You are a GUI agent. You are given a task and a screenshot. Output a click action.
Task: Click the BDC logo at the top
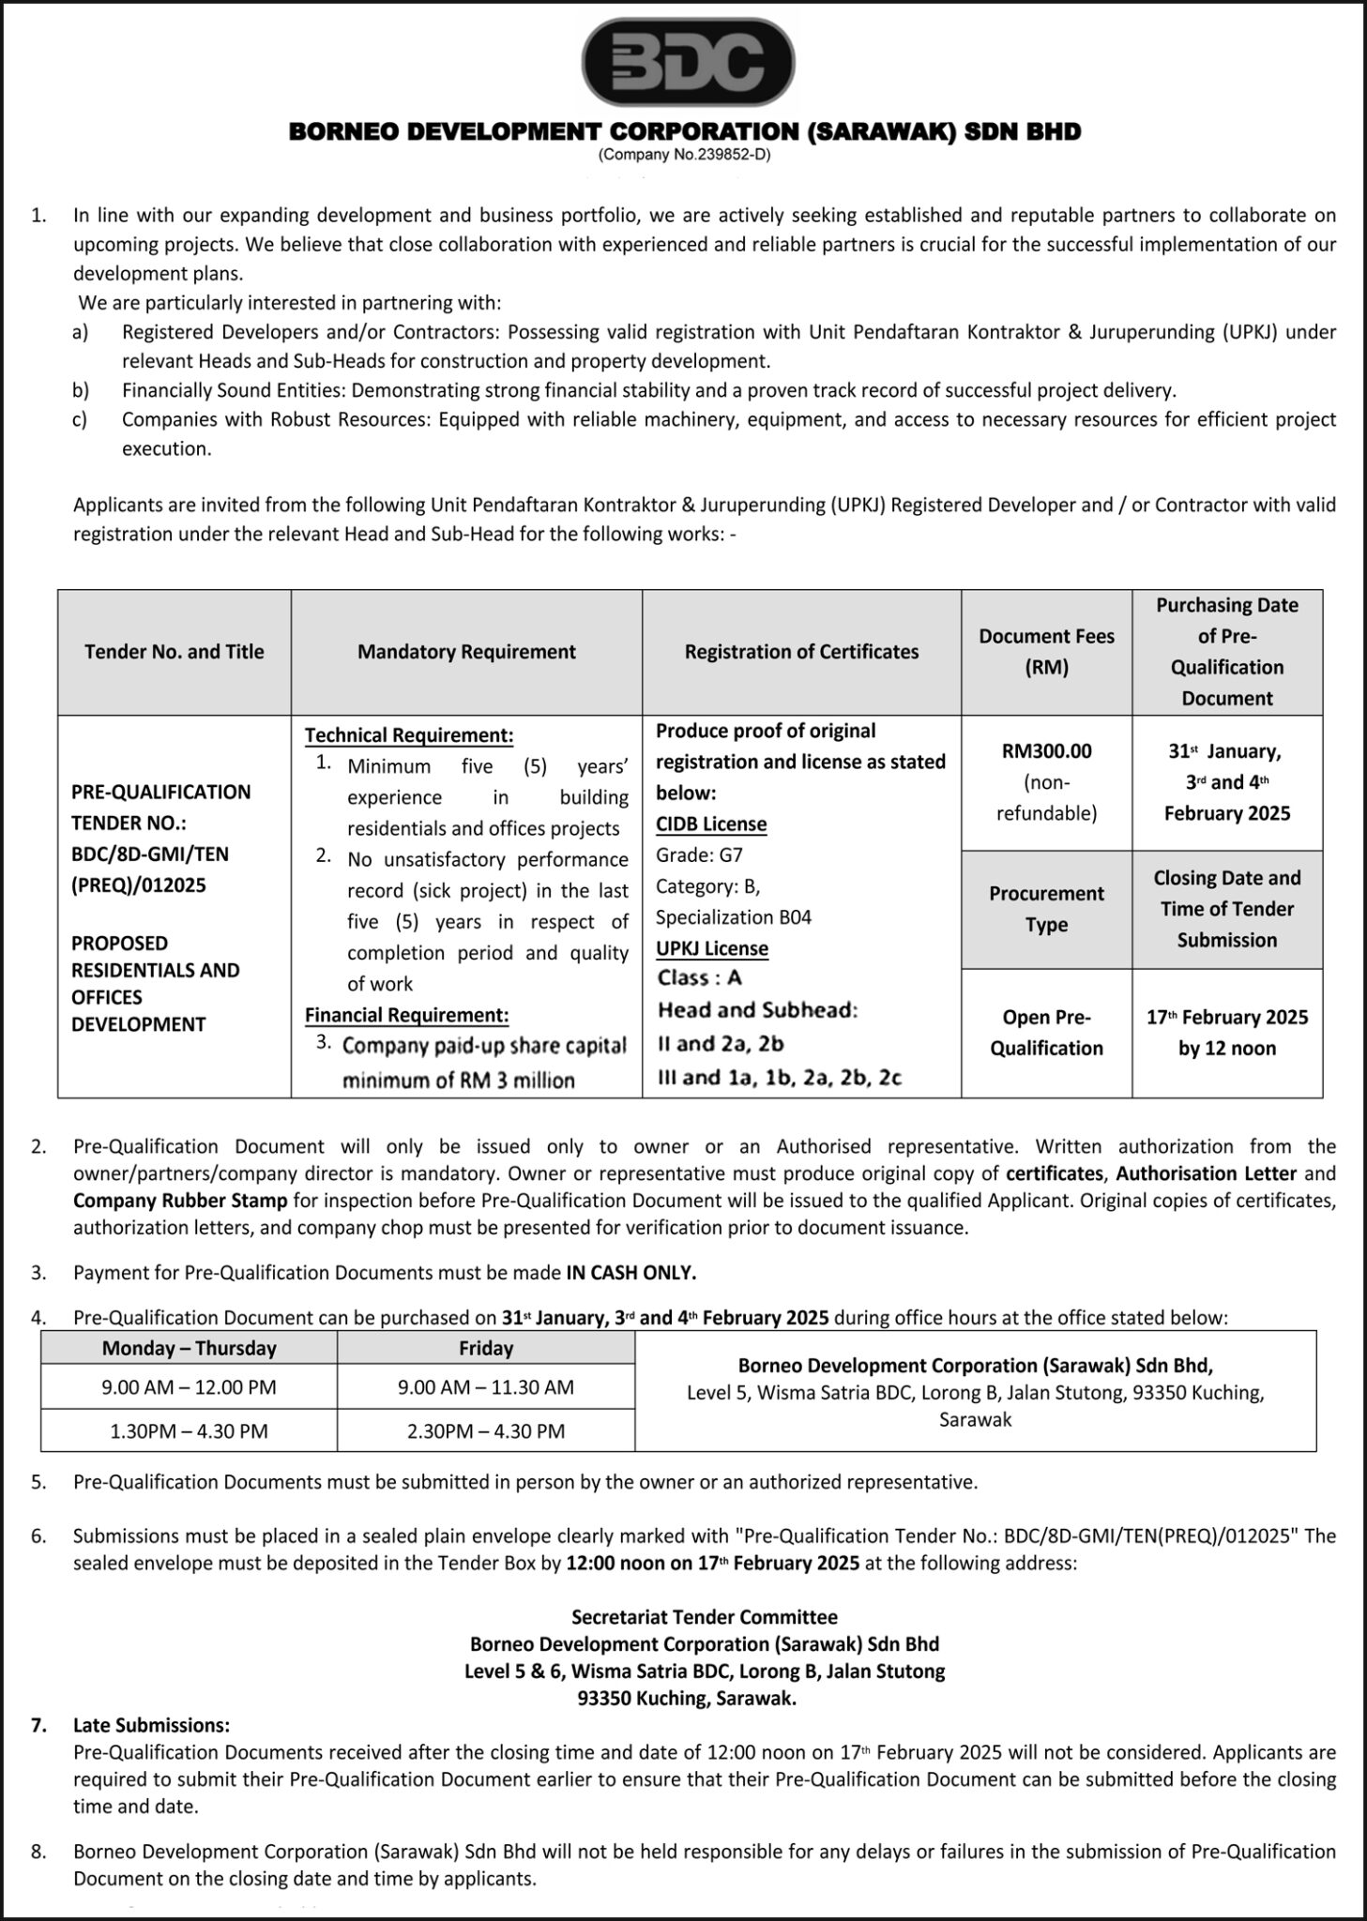click(688, 62)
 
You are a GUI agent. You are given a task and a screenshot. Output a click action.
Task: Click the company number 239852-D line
click(684, 156)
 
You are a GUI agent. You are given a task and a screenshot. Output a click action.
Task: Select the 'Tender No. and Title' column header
click(175, 652)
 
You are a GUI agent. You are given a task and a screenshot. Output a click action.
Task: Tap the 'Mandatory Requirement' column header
click(466, 652)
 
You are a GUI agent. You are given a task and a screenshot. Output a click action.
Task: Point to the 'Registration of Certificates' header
click(801, 652)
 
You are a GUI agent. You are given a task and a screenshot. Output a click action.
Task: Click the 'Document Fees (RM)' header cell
click(1046, 652)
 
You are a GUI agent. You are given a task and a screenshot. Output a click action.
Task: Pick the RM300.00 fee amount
click(1046, 751)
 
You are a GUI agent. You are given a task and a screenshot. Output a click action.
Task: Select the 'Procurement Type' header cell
click(1046, 909)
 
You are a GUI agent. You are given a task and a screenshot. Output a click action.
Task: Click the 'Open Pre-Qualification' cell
click(1046, 1033)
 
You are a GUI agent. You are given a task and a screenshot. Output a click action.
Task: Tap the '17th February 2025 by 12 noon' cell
click(1227, 1033)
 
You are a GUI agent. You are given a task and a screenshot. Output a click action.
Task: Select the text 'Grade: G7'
click(699, 855)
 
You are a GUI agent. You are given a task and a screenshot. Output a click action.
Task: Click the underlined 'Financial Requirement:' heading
click(407, 1015)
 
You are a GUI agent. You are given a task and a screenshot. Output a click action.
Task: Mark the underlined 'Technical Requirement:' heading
click(409, 735)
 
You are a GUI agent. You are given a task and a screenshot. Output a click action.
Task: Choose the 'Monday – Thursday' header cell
click(190, 1349)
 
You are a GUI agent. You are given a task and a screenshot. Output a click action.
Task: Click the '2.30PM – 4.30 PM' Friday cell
click(486, 1431)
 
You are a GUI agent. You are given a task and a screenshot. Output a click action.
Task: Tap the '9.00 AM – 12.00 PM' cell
click(190, 1387)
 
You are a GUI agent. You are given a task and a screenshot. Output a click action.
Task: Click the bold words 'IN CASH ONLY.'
click(631, 1273)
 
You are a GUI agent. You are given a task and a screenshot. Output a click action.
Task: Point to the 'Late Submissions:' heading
click(151, 1725)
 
